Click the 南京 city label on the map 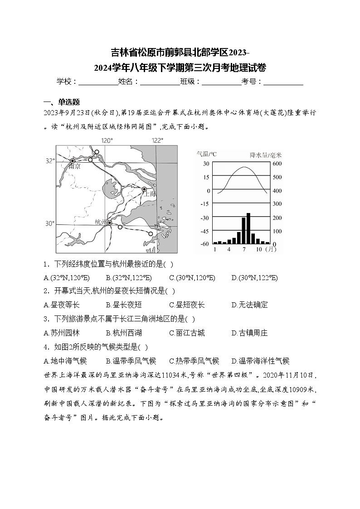coord(74,167)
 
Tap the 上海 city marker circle coord(144,189)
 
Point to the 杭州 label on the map coord(100,222)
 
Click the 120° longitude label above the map coord(107,141)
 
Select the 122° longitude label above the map coord(157,141)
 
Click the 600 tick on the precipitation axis coord(277,164)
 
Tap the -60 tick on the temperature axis coord(204,244)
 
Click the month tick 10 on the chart coord(259,249)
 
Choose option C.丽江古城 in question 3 coord(187,333)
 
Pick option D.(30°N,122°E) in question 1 coord(254,277)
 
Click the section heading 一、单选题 coord(62,102)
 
